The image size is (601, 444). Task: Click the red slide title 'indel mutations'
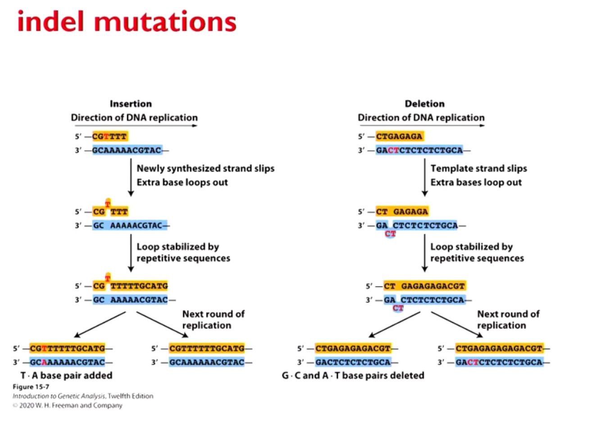click(127, 22)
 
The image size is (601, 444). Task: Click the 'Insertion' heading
click(131, 104)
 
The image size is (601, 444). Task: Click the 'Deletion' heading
click(424, 104)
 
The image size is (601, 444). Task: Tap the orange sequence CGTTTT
click(109, 136)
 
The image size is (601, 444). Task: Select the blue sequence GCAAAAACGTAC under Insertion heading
click(127, 150)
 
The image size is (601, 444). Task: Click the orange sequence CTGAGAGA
click(399, 136)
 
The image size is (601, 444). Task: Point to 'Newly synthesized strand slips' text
click(205, 168)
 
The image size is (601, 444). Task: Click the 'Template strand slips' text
click(478, 168)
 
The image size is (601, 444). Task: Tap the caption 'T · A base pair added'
click(66, 375)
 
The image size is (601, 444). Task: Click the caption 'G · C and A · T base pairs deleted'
click(353, 375)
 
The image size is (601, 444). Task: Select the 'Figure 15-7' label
click(31, 387)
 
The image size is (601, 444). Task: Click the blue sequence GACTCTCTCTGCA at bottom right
click(499, 362)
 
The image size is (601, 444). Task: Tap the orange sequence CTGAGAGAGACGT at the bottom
click(353, 348)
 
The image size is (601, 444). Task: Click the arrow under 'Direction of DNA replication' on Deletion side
click(421, 126)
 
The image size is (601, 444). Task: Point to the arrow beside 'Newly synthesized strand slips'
click(131, 178)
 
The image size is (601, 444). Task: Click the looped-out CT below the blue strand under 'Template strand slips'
click(390, 234)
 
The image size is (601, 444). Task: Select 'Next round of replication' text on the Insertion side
click(213, 319)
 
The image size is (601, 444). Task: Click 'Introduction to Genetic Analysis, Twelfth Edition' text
click(83, 396)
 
